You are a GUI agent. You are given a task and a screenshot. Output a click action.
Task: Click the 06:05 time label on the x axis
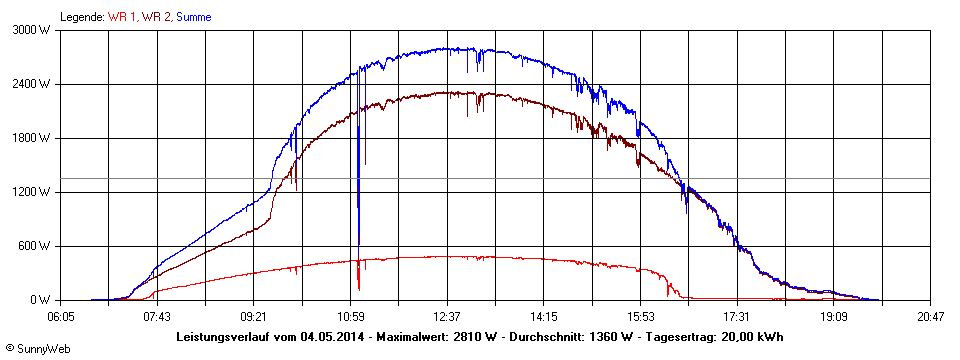coord(60,315)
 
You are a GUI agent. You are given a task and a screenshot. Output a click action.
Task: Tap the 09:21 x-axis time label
coord(254,315)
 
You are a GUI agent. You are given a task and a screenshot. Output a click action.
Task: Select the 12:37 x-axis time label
coord(447,315)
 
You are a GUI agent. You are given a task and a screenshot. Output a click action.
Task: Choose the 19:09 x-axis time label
coord(834,315)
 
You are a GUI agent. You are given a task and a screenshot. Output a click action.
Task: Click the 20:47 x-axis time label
coord(930,315)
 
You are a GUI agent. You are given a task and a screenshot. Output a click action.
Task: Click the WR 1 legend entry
coord(122,17)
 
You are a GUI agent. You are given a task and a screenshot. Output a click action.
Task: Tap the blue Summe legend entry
coord(194,17)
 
